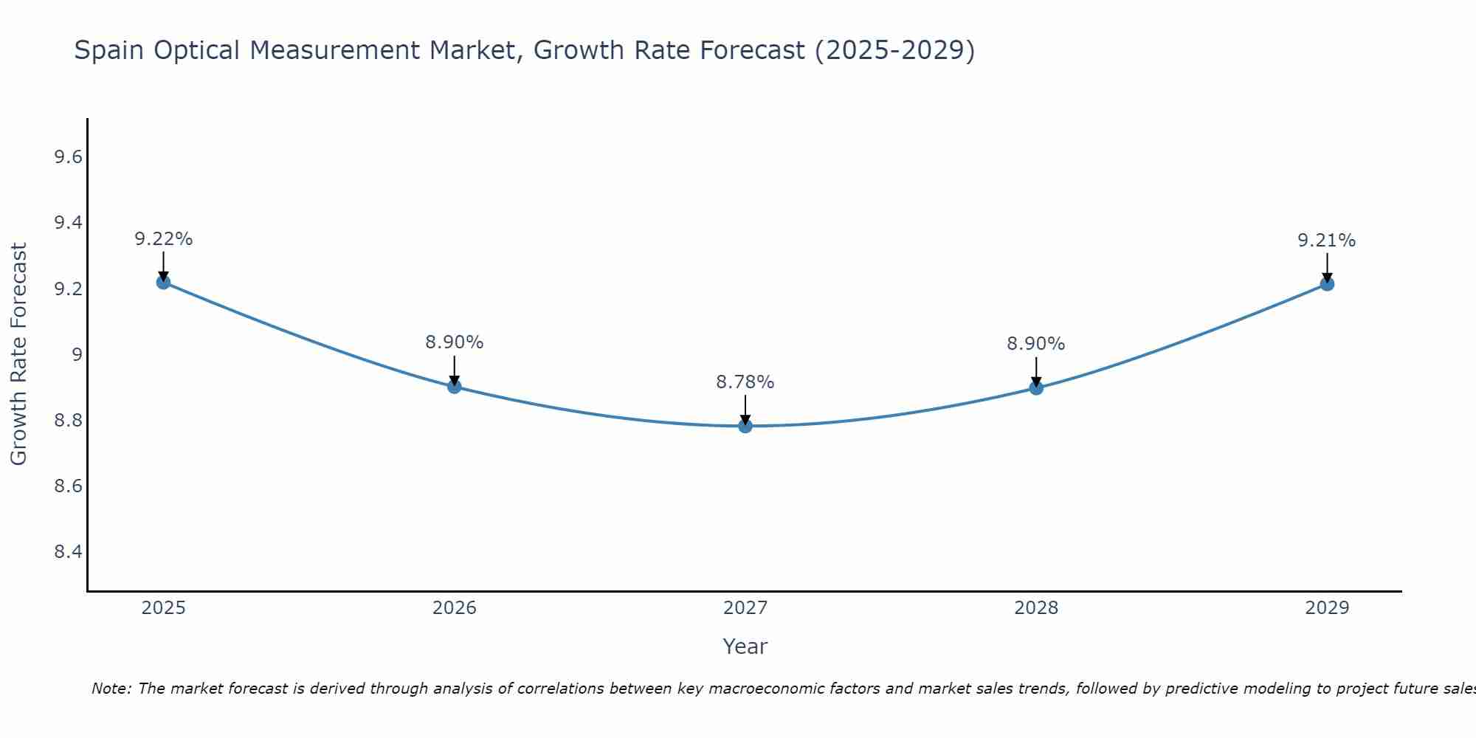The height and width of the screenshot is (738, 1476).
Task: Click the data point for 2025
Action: coord(163,282)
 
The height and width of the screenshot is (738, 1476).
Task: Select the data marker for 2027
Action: coord(745,426)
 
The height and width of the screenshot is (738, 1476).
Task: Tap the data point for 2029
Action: coord(1327,283)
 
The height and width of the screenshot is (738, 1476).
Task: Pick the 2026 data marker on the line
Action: coord(455,387)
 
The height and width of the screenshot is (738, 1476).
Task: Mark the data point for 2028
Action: coord(1036,388)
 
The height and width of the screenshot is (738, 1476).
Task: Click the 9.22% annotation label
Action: coord(163,239)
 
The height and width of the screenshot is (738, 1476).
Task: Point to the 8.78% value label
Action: coord(745,382)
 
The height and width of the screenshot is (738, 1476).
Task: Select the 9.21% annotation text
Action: coord(1327,241)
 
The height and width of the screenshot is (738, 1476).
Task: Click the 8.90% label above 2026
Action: coord(455,342)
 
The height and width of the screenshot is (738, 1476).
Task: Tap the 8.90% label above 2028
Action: coord(1036,344)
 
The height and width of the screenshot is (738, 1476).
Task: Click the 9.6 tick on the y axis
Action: coord(68,157)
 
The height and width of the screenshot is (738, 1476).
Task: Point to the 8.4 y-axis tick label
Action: coord(68,552)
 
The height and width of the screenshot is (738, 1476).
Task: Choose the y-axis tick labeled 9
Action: coord(77,355)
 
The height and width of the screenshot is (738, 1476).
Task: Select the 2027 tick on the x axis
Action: coord(745,608)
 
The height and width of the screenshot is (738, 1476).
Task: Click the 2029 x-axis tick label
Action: coord(1327,608)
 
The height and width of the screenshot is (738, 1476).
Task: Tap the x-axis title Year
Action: coord(745,646)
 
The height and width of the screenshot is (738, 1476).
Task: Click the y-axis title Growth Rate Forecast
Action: coord(18,354)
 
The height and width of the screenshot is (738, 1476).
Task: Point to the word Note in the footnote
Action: coord(110,689)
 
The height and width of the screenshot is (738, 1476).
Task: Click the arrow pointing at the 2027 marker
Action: coord(745,410)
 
